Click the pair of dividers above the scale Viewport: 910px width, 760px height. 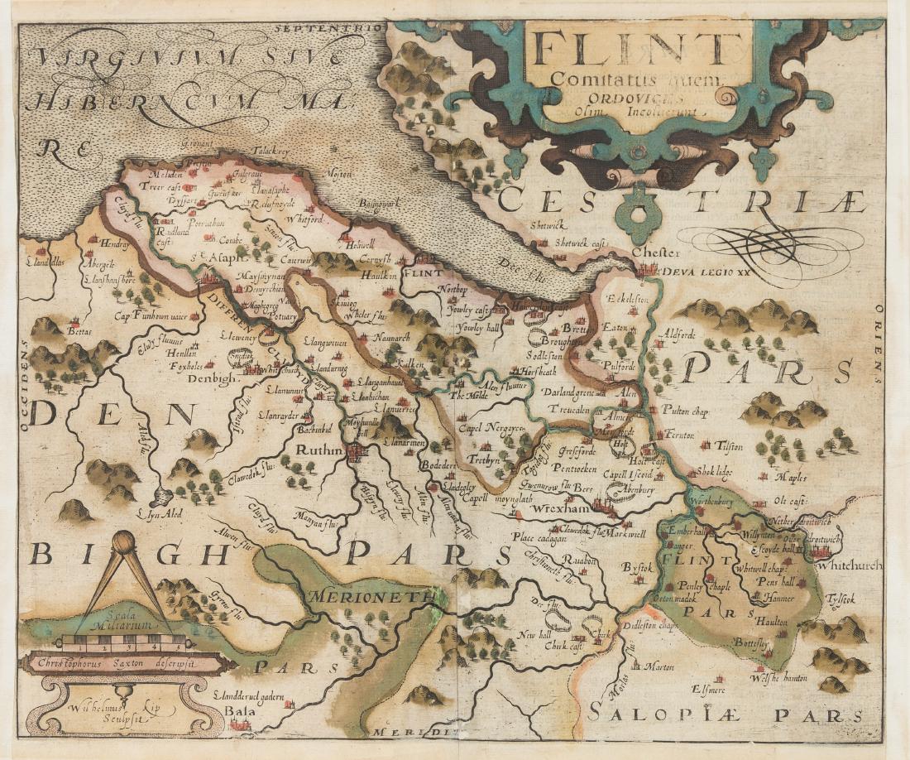[x=124, y=571]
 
